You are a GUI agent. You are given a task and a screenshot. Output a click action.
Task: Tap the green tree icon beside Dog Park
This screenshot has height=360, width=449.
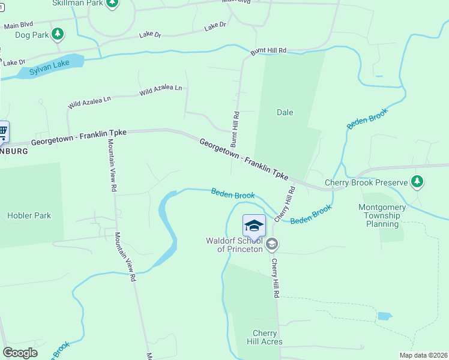click(x=58, y=34)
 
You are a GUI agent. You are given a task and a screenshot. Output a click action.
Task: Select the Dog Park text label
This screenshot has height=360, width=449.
click(x=31, y=35)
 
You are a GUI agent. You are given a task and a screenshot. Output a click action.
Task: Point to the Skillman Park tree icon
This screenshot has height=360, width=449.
click(x=112, y=3)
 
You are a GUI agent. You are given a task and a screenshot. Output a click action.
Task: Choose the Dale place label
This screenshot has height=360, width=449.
click(x=285, y=112)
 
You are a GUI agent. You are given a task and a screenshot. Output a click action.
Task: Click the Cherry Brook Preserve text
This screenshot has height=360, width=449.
click(x=366, y=182)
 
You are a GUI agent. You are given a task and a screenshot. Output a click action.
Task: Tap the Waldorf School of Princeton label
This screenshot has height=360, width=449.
click(x=234, y=245)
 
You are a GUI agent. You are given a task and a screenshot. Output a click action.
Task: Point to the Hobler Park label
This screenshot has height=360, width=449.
click(x=29, y=215)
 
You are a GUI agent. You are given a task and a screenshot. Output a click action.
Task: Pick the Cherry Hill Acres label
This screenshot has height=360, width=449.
click(x=264, y=338)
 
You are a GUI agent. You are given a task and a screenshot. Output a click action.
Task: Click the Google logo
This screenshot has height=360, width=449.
click(x=20, y=353)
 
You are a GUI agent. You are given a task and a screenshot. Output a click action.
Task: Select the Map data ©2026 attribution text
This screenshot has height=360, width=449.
click(x=423, y=355)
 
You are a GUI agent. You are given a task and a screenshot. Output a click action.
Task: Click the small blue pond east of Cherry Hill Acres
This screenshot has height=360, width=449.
click(x=384, y=316)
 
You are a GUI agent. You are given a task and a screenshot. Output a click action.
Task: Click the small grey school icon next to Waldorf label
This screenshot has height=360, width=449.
click(x=272, y=244)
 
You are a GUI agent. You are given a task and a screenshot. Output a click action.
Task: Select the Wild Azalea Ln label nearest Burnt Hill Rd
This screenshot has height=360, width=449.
click(x=160, y=90)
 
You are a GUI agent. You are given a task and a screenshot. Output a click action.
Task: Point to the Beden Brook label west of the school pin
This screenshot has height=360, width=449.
click(x=233, y=194)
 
